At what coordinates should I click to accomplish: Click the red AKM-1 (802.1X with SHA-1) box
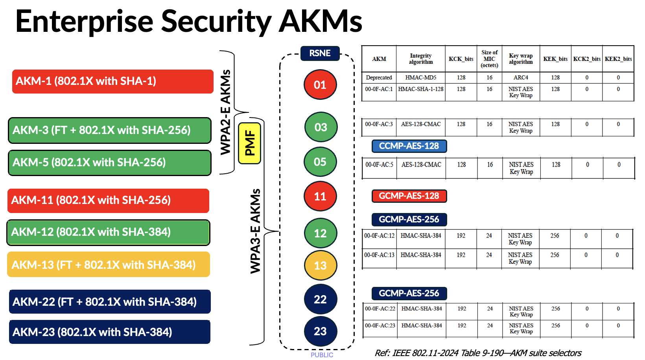pyautogui.click(x=112, y=81)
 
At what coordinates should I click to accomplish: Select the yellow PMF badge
pyautogui.click(x=249, y=143)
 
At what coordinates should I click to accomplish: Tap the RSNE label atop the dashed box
pyautogui.click(x=320, y=53)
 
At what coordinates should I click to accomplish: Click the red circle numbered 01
pyautogui.click(x=320, y=84)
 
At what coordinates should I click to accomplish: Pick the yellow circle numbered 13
pyautogui.click(x=320, y=265)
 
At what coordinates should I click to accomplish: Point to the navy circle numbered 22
pyautogui.click(x=320, y=299)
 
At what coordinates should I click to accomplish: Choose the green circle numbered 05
pyautogui.click(x=320, y=162)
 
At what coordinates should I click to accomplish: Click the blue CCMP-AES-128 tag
pyautogui.click(x=409, y=146)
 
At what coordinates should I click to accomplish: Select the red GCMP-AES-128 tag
pyautogui.click(x=409, y=196)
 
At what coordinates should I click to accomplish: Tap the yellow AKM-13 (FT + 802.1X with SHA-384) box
pyautogui.click(x=109, y=264)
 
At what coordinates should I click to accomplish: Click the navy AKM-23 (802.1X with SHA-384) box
pyautogui.click(x=110, y=332)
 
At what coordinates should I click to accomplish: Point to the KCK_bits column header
pyautogui.click(x=461, y=59)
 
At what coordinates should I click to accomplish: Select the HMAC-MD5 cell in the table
pyautogui.click(x=420, y=77)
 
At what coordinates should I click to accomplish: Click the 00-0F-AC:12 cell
pyautogui.click(x=379, y=236)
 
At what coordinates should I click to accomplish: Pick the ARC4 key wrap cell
pyautogui.click(x=521, y=77)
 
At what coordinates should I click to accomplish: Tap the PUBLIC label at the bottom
pyautogui.click(x=322, y=355)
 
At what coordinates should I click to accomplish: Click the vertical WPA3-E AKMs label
pyautogui.click(x=256, y=231)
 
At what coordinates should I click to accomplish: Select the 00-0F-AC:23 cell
pyautogui.click(x=380, y=325)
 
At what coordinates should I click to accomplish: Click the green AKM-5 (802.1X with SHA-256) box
pyautogui.click(x=110, y=163)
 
